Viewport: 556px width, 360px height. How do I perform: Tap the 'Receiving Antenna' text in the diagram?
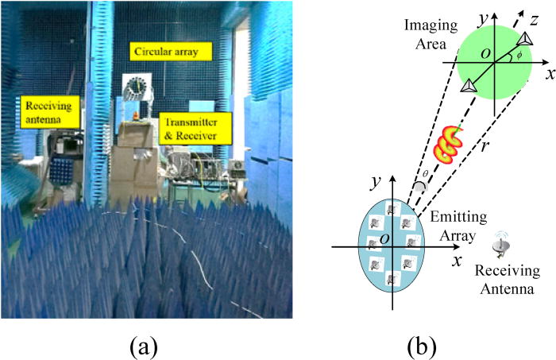509,280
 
